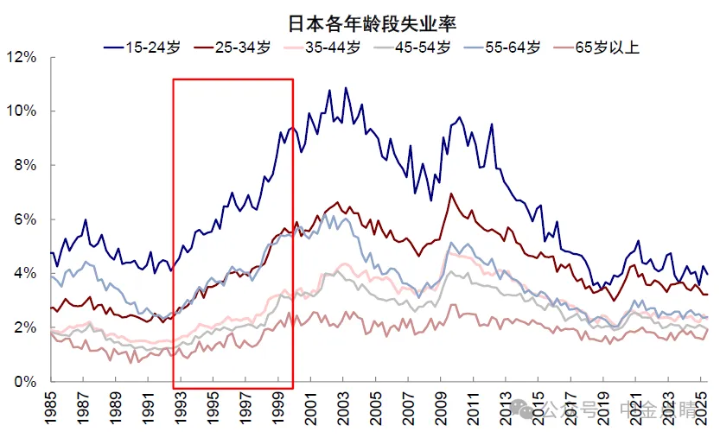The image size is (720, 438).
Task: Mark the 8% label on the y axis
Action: coord(23,165)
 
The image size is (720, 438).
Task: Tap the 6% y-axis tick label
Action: coord(23,219)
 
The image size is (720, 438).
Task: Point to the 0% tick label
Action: coord(23,382)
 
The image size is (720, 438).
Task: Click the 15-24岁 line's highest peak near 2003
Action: coord(347,87)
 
